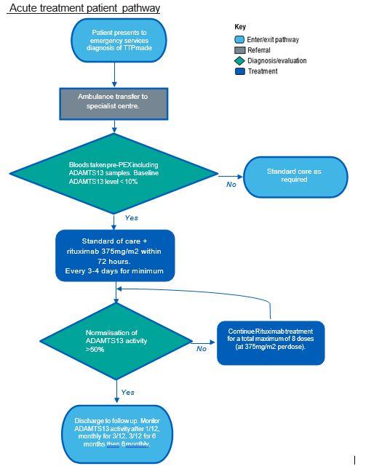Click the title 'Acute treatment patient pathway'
(x=85, y=8)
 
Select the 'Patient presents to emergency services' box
(x=119, y=41)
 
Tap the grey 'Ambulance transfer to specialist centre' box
(x=114, y=104)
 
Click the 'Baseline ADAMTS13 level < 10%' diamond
(x=114, y=174)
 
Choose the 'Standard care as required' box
(x=295, y=177)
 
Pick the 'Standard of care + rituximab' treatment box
(x=115, y=256)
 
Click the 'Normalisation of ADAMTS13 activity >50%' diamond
(x=116, y=341)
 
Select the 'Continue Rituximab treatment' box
(x=271, y=343)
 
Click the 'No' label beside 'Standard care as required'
(x=231, y=185)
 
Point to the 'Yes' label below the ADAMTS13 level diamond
(x=132, y=218)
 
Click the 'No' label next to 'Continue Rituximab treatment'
(x=202, y=349)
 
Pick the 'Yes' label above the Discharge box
(x=127, y=393)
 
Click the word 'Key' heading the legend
(x=240, y=27)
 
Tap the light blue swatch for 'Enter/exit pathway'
(x=239, y=39)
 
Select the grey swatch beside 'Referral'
(x=240, y=50)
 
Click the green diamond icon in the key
(x=239, y=61)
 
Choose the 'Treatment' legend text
(x=263, y=71)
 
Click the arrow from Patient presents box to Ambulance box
(x=114, y=75)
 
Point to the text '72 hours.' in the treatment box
(x=114, y=262)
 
